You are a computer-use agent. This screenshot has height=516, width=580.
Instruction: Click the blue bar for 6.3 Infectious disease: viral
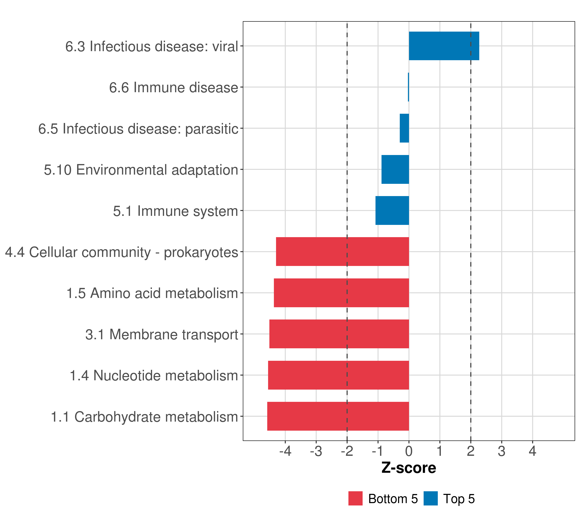click(444, 46)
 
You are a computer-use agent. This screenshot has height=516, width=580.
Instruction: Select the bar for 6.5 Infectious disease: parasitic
click(404, 128)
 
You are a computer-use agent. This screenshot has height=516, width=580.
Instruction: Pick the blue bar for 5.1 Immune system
click(392, 210)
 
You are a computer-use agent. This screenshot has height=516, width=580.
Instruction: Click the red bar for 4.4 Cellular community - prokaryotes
click(342, 252)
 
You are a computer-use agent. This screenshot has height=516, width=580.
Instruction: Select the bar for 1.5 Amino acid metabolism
click(341, 293)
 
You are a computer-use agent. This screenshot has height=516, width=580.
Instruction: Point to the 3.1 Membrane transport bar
click(339, 334)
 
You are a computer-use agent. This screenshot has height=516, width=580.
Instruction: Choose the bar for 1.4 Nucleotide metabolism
click(338, 375)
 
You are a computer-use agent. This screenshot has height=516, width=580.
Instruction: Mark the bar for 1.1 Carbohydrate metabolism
click(338, 416)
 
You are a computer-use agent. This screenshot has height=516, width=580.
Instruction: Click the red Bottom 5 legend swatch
click(355, 498)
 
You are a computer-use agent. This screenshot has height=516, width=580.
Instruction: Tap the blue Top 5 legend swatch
click(430, 498)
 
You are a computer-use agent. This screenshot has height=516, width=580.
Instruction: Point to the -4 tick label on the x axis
click(285, 451)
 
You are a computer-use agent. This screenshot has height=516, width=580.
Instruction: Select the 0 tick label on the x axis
click(409, 451)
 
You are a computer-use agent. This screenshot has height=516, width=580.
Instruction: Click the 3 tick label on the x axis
click(501, 451)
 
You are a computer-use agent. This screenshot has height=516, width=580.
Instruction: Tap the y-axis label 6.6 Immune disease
click(173, 88)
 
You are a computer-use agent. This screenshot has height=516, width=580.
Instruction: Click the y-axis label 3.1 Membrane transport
click(162, 335)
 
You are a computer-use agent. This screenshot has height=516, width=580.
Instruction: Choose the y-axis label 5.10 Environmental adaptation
click(141, 170)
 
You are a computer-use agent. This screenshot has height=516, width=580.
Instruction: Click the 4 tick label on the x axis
click(532, 451)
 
